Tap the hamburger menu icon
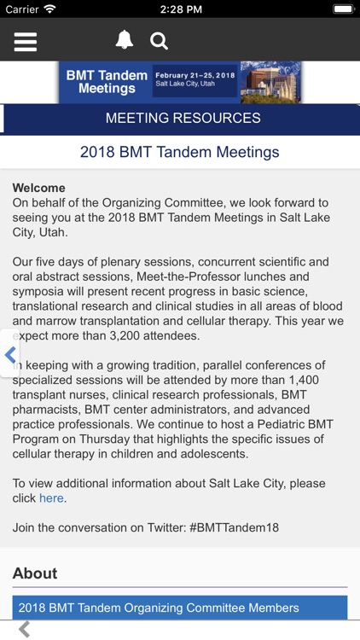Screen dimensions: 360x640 point(26,41)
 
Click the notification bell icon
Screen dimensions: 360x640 point(125,40)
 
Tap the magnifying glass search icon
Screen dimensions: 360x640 point(159,41)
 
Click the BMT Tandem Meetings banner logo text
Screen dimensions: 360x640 point(107,82)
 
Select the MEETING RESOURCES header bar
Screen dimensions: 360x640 point(183,119)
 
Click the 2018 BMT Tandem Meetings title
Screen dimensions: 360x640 point(180,153)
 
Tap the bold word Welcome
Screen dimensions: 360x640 point(38,188)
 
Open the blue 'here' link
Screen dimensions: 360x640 point(51,498)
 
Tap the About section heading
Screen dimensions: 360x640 point(35,573)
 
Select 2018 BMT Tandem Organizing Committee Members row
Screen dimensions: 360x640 point(159,608)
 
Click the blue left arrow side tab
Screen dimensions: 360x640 point(10,354)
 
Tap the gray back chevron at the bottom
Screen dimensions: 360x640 point(25,630)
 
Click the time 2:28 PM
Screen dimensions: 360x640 point(180,9)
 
